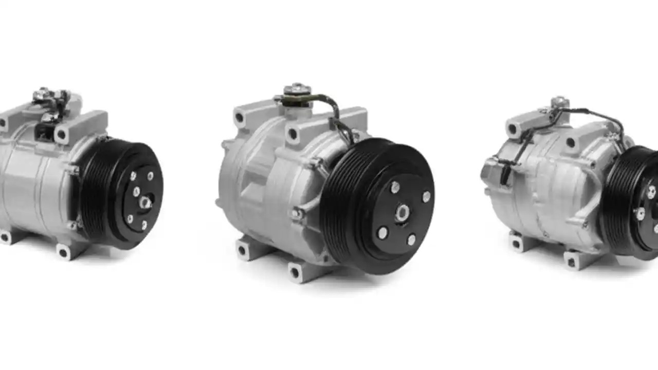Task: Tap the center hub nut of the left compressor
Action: pos(145,202)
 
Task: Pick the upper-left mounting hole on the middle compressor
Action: pos(240,118)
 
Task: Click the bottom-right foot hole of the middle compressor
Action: pos(295,272)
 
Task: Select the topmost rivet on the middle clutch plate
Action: pos(395,188)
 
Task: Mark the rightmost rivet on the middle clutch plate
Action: pos(426,197)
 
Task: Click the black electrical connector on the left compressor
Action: pos(43,133)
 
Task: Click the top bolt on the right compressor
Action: pos(559,102)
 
